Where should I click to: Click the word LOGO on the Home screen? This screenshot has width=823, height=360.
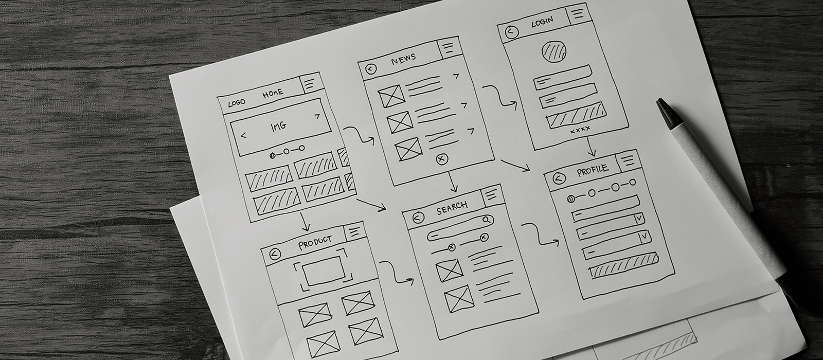coord(237,102)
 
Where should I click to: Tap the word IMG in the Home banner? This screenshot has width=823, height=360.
coord(278,127)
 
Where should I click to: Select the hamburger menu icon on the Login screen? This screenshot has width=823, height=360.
coord(578,14)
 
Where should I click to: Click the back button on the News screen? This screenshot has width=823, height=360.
coord(371,69)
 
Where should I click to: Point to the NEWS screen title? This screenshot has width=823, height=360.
coord(403,59)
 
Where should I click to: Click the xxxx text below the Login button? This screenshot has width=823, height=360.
coord(580,129)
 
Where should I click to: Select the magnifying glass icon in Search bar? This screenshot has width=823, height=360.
coord(487,220)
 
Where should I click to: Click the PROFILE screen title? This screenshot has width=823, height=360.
coord(592,170)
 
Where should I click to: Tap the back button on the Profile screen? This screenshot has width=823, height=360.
coord(559,179)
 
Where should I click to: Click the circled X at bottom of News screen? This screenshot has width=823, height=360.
coord(442,159)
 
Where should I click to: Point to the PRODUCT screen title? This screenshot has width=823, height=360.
coord(315,242)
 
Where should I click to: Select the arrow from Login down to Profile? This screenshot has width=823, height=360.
coord(591,147)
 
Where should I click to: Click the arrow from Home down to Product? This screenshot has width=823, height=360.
coord(305,222)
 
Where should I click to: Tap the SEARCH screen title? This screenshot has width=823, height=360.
coord(452,208)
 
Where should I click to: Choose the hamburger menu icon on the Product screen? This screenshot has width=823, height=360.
coord(354,232)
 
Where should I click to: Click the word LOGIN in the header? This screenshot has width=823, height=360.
coord(542,23)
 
